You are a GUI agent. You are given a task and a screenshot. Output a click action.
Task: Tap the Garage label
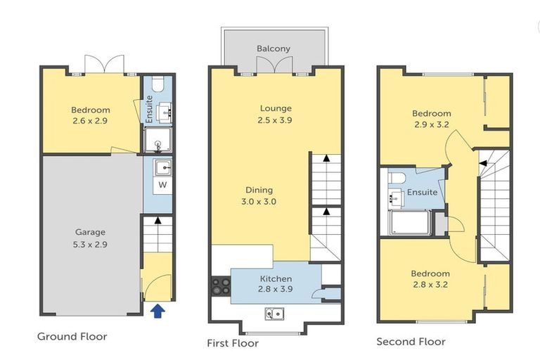point(91,232)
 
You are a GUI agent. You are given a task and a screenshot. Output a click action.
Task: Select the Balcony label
point(274,49)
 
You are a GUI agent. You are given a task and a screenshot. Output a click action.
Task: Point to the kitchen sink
point(274,314)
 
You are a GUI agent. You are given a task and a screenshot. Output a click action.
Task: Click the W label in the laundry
point(162,185)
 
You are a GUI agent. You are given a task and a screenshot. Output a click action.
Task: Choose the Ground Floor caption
point(72,337)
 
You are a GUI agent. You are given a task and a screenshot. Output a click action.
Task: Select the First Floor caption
point(233,343)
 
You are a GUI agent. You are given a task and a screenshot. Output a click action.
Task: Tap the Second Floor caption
point(411,342)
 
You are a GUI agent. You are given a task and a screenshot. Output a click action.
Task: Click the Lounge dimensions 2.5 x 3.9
point(276,120)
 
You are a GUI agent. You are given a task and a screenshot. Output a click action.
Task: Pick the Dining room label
point(259,190)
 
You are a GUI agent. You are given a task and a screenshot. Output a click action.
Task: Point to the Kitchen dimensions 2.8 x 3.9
point(275,290)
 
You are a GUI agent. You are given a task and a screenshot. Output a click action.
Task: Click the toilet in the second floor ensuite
point(396,177)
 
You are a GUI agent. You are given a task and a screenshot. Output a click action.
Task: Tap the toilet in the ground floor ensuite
point(157,85)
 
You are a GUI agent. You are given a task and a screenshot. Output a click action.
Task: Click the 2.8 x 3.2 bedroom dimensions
point(431,285)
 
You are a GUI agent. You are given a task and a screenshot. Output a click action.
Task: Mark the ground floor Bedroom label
point(91,110)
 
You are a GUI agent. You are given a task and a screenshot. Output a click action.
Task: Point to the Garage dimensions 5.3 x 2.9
point(91,245)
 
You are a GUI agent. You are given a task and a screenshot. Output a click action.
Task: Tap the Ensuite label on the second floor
point(423,192)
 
